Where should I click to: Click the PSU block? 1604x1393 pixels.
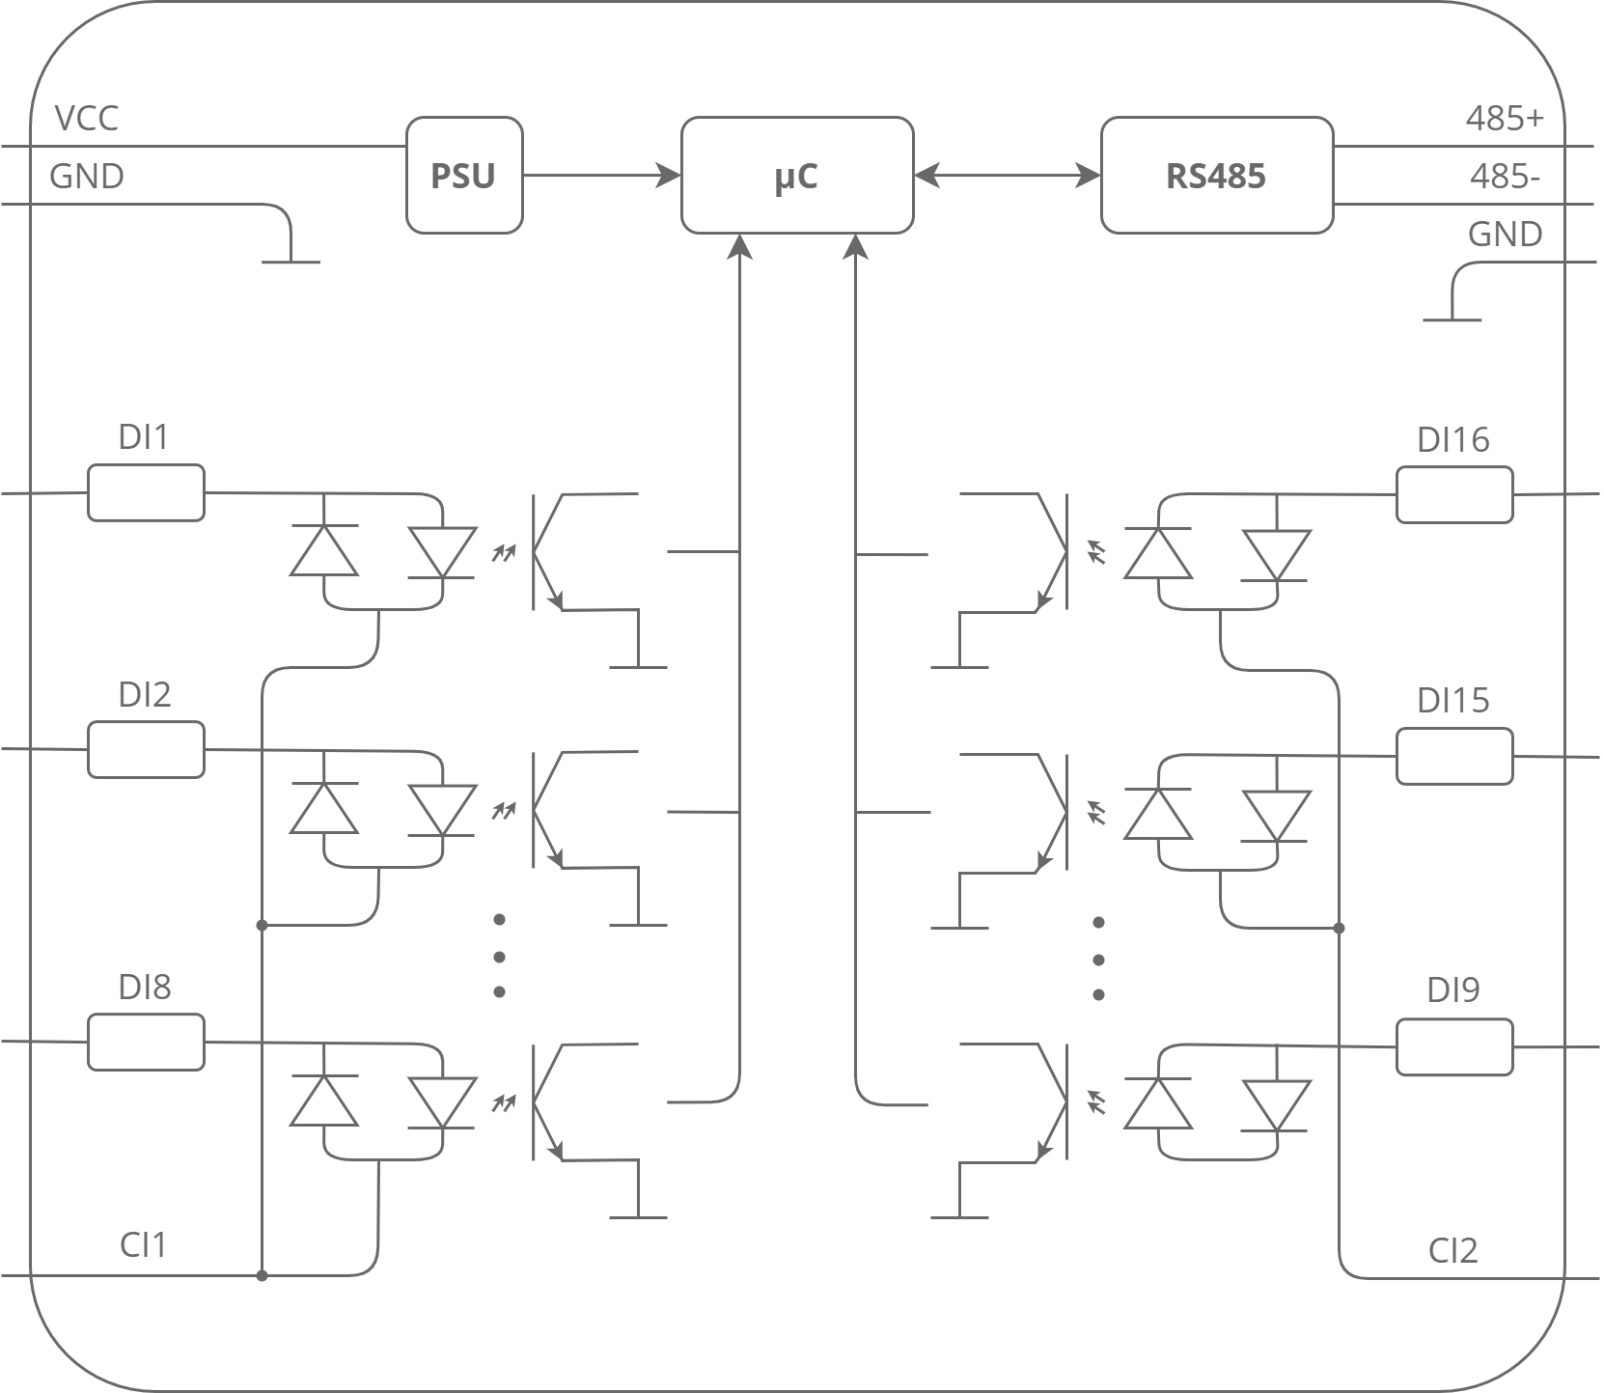pos(463,176)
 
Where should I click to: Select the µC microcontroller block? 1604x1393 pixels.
pos(796,176)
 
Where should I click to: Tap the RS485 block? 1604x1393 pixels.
pos(1216,176)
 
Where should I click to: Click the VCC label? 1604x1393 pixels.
pos(87,119)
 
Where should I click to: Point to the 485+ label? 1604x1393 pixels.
pos(1504,119)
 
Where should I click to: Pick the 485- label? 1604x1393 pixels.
pos(1504,178)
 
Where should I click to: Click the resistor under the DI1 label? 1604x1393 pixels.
pos(146,493)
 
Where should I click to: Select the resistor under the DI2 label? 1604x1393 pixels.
pos(146,749)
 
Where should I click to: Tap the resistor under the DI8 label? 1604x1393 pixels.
pos(146,1043)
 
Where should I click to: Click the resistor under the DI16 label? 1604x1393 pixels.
pos(1454,494)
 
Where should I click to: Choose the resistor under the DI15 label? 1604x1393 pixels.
pos(1454,756)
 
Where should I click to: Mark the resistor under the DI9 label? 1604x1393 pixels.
pos(1454,1047)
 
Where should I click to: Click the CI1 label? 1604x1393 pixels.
pos(143,1245)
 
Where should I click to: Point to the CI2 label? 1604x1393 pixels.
pos(1452,1251)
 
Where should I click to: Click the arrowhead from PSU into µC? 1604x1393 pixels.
pos(670,176)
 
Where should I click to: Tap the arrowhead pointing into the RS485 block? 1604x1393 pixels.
pos(1089,176)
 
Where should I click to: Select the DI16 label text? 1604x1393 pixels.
pos(1452,440)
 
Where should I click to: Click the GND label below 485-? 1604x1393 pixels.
pos(1505,235)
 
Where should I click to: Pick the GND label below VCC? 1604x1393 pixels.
pos(87,178)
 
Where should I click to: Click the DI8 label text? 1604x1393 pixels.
pos(145,987)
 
